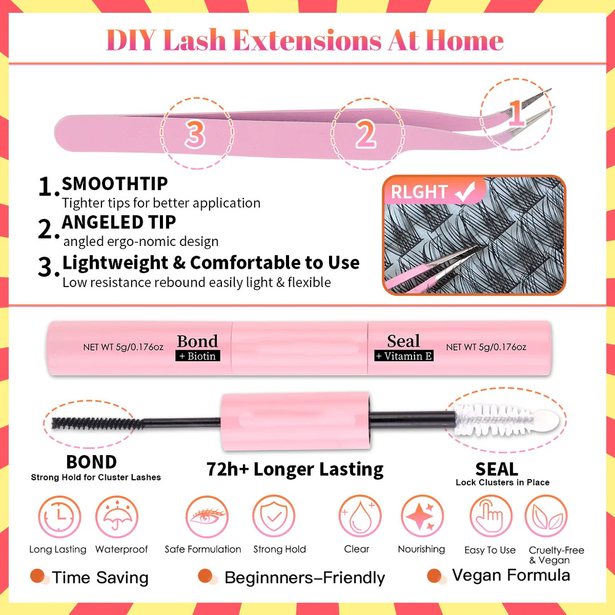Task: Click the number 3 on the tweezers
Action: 195,134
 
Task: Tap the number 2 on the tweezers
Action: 365,134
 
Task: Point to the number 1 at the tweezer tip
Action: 515,113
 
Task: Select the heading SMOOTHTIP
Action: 115,183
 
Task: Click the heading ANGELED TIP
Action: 119,222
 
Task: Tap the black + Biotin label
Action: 197,355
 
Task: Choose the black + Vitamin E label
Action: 404,355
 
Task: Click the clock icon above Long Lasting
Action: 59,517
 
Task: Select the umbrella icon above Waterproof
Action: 116,517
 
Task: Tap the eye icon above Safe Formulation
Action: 207,516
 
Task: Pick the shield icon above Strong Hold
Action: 274,516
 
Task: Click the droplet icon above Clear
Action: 360,516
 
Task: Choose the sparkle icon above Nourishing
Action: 422,516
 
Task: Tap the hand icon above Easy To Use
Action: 491,516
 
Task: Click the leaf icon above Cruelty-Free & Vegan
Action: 546,516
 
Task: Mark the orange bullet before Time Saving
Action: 38,576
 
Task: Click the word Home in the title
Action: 464,41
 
